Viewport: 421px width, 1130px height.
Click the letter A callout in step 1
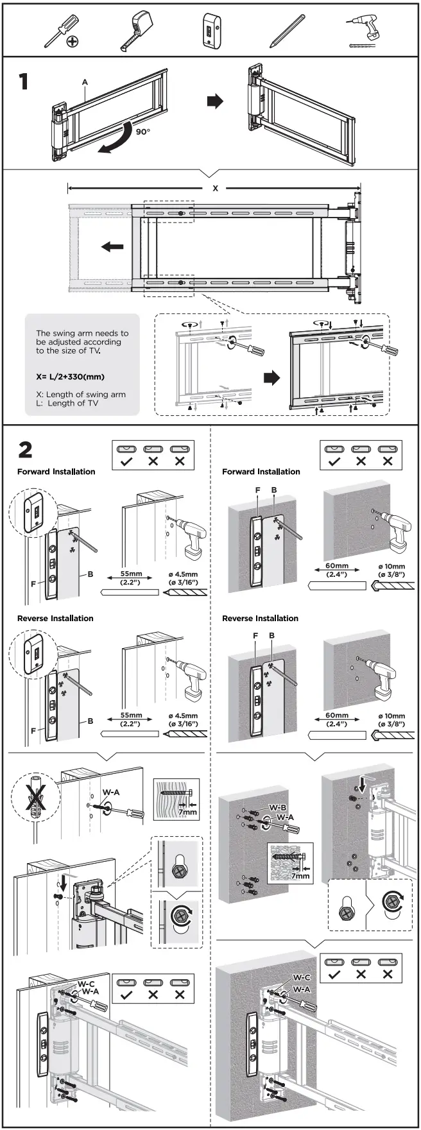click(84, 82)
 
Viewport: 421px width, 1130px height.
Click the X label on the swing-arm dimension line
click(216, 188)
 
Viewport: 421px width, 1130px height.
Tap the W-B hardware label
click(277, 807)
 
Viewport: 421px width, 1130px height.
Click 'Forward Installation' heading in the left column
click(56, 472)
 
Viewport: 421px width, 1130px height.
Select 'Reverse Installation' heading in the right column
click(260, 618)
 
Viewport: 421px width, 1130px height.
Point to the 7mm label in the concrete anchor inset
click(300, 875)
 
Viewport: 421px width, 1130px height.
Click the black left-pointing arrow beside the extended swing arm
click(112, 246)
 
